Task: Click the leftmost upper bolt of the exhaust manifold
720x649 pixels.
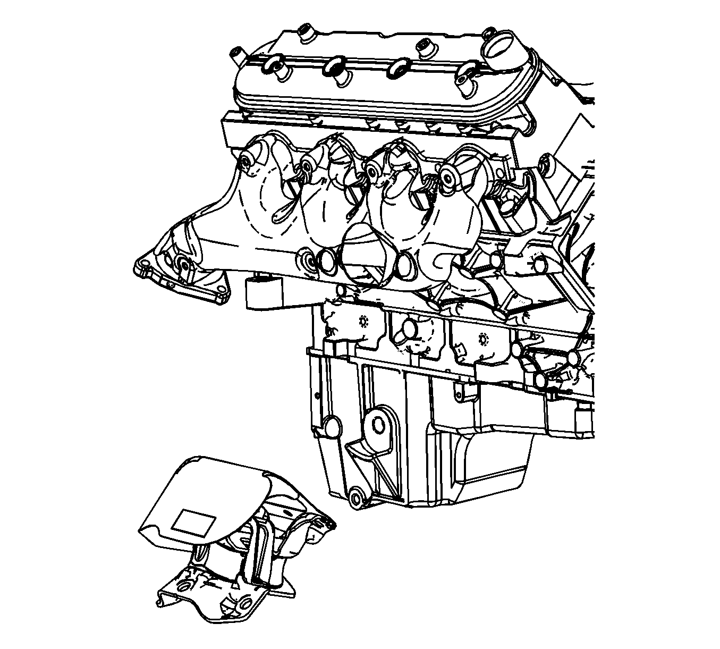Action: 247,162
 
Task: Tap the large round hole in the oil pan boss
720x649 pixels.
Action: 378,425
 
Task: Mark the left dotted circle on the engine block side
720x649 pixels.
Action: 363,322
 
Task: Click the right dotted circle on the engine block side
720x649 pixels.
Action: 482,339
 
